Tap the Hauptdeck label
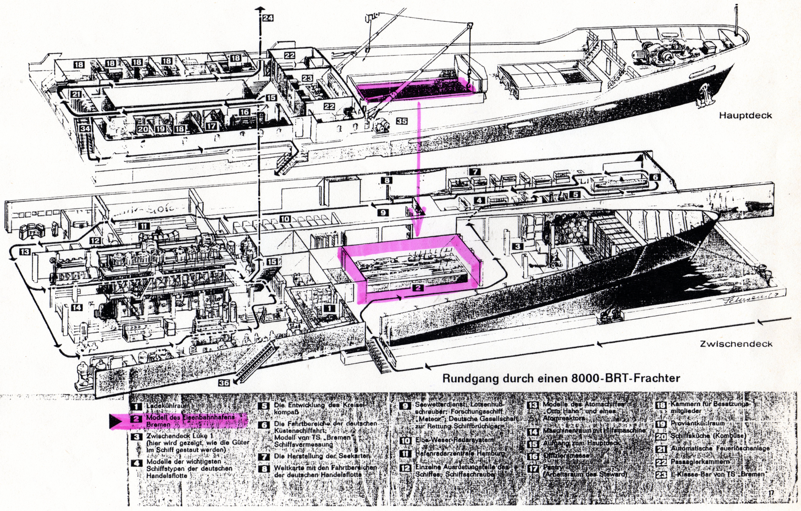coord(745,115)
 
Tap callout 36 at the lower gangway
coord(224,383)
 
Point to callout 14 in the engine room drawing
coord(77,307)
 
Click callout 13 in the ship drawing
coord(25,252)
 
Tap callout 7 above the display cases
coord(475,172)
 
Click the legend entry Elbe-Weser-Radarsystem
coord(454,440)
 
